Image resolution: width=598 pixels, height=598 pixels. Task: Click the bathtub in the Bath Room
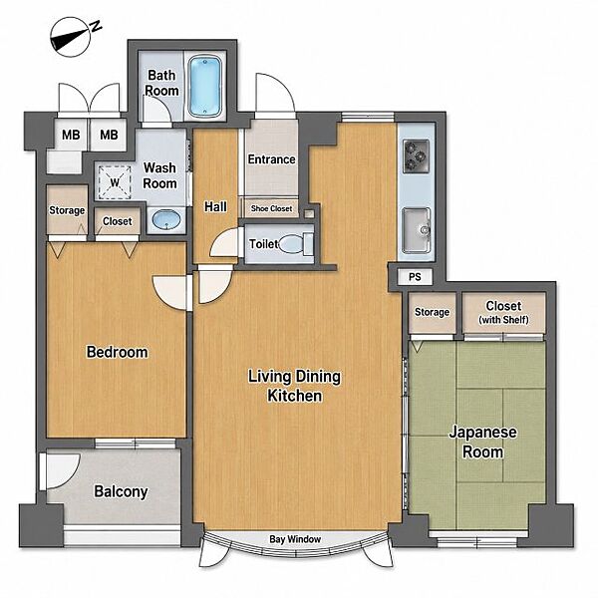(204, 86)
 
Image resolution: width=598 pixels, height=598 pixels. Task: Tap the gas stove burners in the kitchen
(416, 156)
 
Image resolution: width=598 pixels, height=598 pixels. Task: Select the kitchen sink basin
(416, 229)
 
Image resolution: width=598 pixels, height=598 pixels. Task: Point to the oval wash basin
(166, 220)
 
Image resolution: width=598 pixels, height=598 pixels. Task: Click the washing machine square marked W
(115, 182)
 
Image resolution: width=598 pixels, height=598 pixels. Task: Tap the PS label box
(415, 276)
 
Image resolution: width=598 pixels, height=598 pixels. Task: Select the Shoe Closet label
(271, 208)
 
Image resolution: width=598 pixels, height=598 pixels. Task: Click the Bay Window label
(295, 539)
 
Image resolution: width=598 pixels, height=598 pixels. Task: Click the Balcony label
(121, 491)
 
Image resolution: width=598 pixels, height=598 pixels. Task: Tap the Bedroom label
(117, 352)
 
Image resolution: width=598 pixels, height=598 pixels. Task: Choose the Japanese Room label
(482, 442)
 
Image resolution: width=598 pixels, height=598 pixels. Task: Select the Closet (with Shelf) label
(503, 312)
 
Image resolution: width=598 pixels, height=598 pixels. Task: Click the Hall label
(215, 206)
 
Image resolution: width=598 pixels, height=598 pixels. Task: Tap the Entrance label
(271, 159)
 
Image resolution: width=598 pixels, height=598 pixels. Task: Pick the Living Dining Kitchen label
(294, 386)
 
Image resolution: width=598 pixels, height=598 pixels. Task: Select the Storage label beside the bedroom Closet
(67, 210)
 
